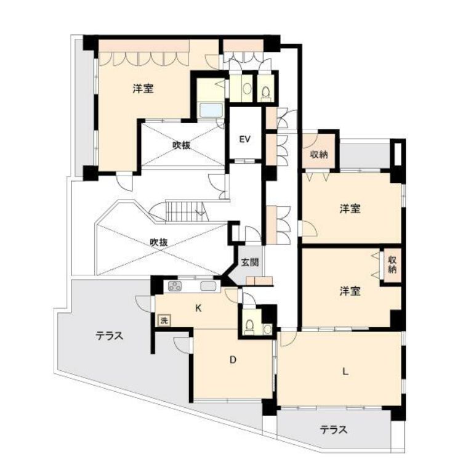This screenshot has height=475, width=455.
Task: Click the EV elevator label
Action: tap(245, 139)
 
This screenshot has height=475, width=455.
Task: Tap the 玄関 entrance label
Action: tap(249, 262)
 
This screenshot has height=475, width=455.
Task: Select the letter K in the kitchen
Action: tap(198, 309)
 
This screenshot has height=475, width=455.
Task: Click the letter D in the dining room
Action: tap(233, 362)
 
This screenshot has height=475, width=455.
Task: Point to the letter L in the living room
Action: tap(344, 371)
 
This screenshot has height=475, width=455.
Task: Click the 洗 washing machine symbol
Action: tap(163, 320)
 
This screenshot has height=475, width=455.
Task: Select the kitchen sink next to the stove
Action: tap(208, 286)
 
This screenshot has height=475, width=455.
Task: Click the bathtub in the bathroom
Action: tap(212, 111)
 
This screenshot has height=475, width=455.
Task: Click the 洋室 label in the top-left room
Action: tap(143, 89)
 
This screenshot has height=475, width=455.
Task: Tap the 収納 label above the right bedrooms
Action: tap(318, 154)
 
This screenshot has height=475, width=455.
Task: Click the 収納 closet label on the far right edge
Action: tap(392, 264)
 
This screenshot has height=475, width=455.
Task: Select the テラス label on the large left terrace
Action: tap(110, 336)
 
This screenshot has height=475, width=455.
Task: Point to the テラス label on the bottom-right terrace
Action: tap(334, 429)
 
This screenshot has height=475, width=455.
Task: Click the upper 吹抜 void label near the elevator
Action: tap(181, 145)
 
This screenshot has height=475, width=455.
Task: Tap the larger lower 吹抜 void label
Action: tap(159, 242)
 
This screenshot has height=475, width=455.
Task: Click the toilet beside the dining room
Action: tap(249, 325)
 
